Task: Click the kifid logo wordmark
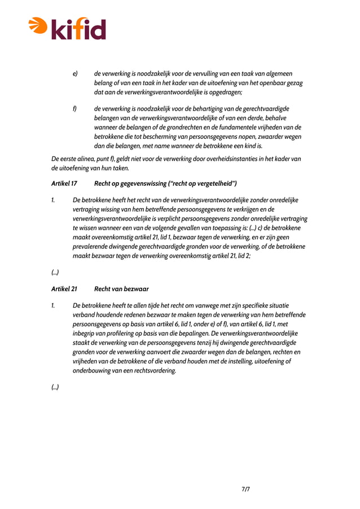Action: pyautogui.click(x=79, y=28)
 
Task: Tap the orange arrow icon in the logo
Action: pyautogui.click(x=38, y=24)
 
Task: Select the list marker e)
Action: pyautogui.click(x=74, y=74)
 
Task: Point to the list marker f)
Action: pyautogui.click(x=74, y=109)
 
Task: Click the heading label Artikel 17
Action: pyautogui.click(x=64, y=183)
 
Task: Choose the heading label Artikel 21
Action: pyautogui.click(x=64, y=289)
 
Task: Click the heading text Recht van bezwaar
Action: pyautogui.click(x=121, y=289)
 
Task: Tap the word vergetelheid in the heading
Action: pyautogui.click(x=213, y=183)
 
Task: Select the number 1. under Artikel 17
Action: pyautogui.click(x=53, y=200)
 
